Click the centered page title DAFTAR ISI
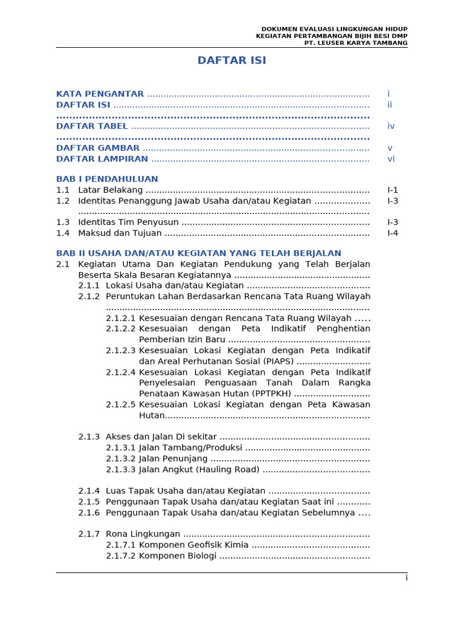[x=232, y=60]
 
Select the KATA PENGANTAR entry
[x=100, y=94]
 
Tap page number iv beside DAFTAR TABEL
[x=391, y=126]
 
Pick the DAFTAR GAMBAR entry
[x=98, y=148]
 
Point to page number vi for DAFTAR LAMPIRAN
[x=391, y=159]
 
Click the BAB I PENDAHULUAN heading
[x=107, y=179]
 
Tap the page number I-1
[x=393, y=190]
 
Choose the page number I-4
[x=393, y=233]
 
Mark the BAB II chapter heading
[x=198, y=253]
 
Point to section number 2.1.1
[x=89, y=285]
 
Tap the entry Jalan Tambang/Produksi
[x=190, y=448]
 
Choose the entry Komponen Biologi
[x=178, y=556]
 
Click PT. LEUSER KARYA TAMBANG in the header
[x=355, y=43]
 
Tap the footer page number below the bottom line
[x=407, y=578]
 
